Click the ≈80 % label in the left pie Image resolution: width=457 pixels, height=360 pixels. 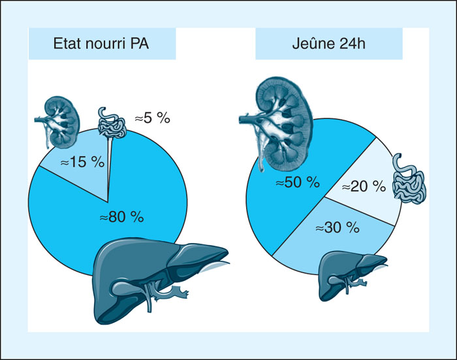pos(122,217)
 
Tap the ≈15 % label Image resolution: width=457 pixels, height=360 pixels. pos(82,162)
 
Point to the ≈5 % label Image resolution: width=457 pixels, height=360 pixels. pos(152,118)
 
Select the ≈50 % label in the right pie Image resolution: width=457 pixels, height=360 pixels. pos(298,182)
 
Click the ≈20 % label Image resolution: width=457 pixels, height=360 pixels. pos(364,186)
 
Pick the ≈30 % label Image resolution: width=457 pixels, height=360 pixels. pos(338,227)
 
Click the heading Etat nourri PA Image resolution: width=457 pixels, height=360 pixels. pos(101,44)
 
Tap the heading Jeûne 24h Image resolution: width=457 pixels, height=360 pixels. pos(328,44)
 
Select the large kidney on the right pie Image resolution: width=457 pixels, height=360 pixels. pos(277,124)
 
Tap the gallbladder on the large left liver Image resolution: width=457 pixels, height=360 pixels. pos(126,287)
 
